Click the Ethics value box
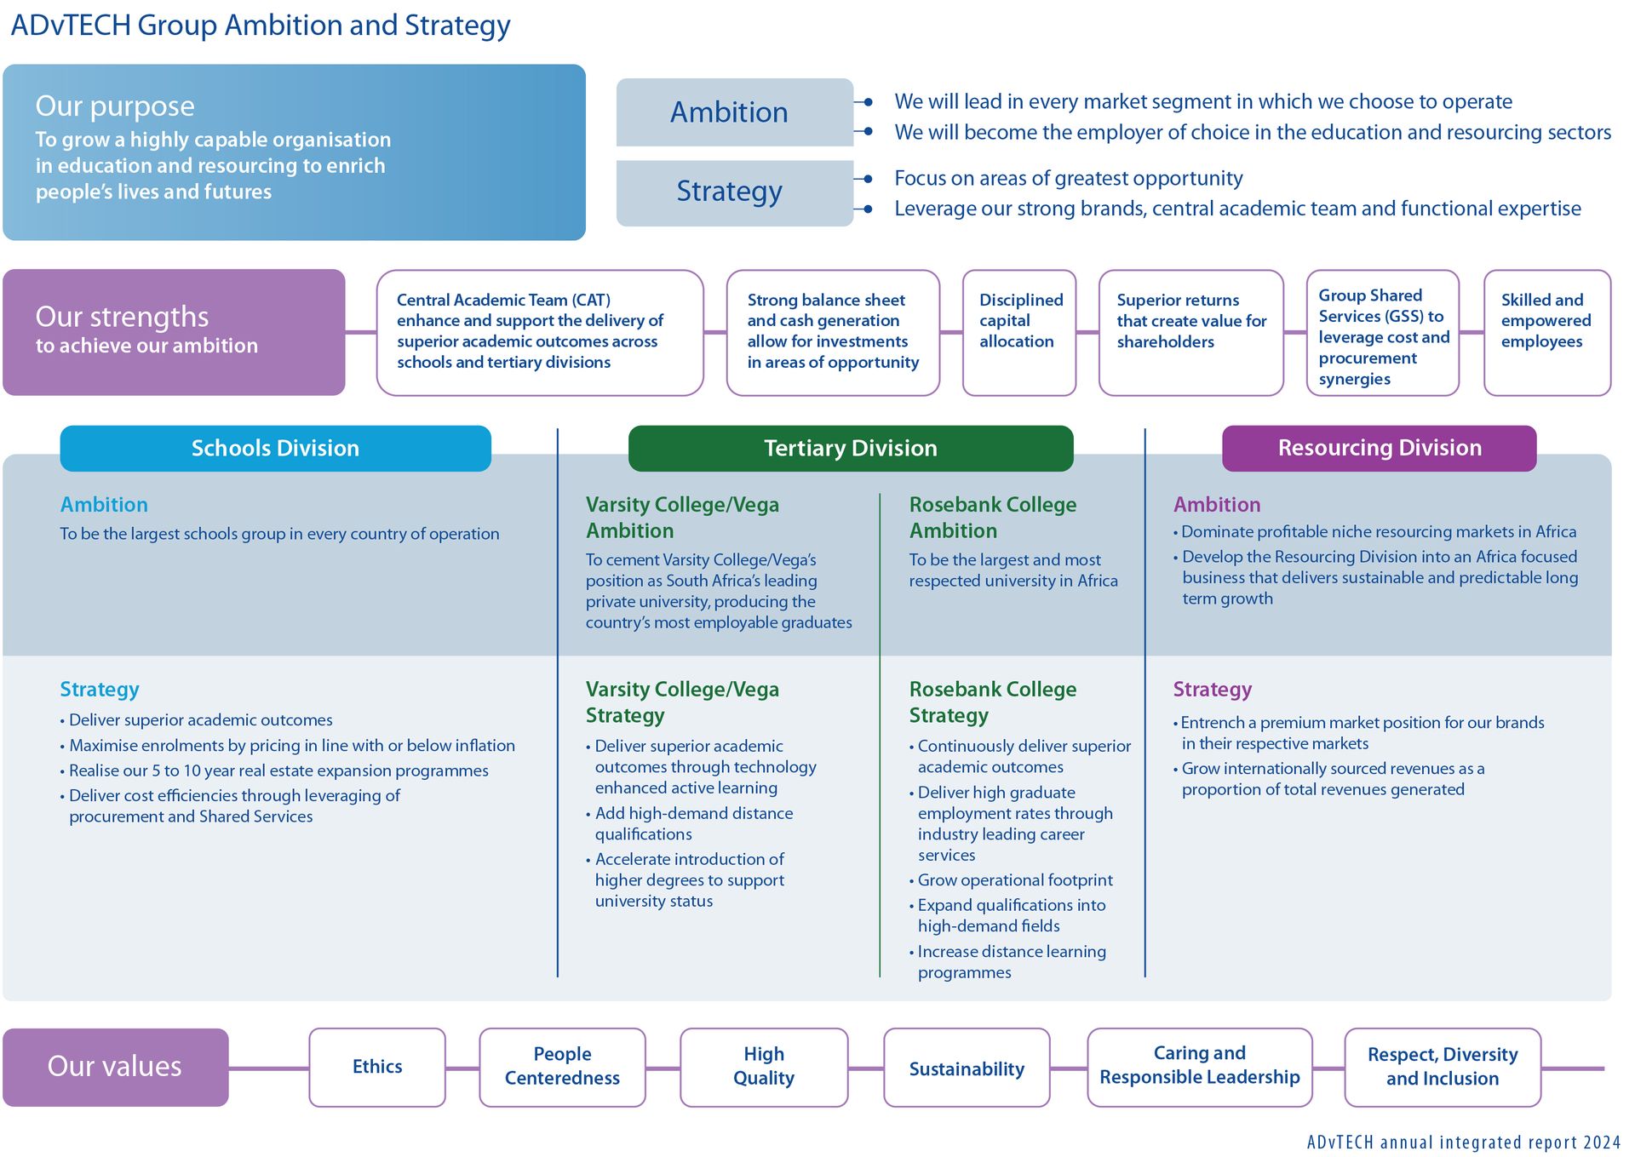(x=377, y=1067)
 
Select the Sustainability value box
(x=967, y=1068)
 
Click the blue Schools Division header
(x=275, y=448)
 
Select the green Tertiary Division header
(x=850, y=448)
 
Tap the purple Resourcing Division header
(x=1379, y=448)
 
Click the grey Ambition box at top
(x=734, y=112)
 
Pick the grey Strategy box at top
(x=734, y=192)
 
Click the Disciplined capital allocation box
(x=1019, y=332)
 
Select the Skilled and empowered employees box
(x=1546, y=332)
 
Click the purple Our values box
(x=115, y=1067)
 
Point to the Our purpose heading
(x=115, y=106)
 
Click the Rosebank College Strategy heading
(x=992, y=702)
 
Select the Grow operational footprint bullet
(x=1014, y=880)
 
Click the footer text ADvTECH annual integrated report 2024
(x=1463, y=1142)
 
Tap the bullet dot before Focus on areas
(x=868, y=179)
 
